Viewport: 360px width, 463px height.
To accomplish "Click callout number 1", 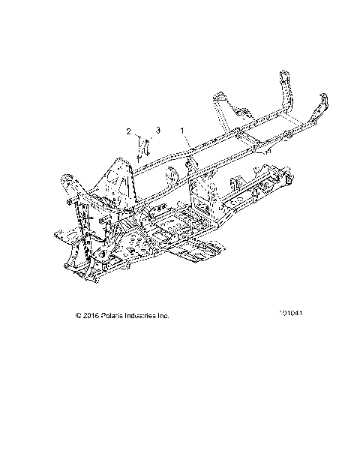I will (183, 131).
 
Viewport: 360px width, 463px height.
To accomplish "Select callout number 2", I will (129, 131).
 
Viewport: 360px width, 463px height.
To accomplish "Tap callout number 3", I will (157, 131).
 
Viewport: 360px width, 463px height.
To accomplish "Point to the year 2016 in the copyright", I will (90, 316).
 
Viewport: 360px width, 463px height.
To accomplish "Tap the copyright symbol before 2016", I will (79, 316).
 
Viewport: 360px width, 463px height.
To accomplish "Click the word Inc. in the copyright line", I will (164, 316).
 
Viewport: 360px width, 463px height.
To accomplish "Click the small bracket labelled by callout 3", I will (146, 146).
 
